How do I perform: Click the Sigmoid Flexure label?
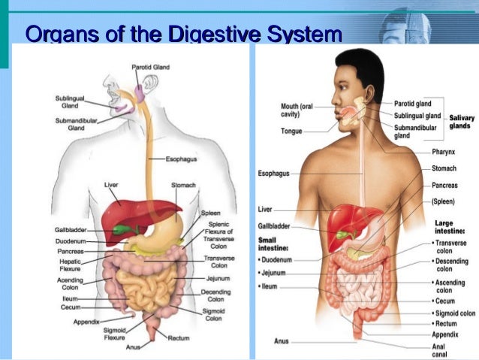115,334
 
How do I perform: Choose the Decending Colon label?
215,295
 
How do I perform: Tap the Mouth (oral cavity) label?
297,110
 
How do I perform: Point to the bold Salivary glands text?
459,122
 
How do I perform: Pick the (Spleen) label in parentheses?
443,201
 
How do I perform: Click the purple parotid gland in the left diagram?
139,92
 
